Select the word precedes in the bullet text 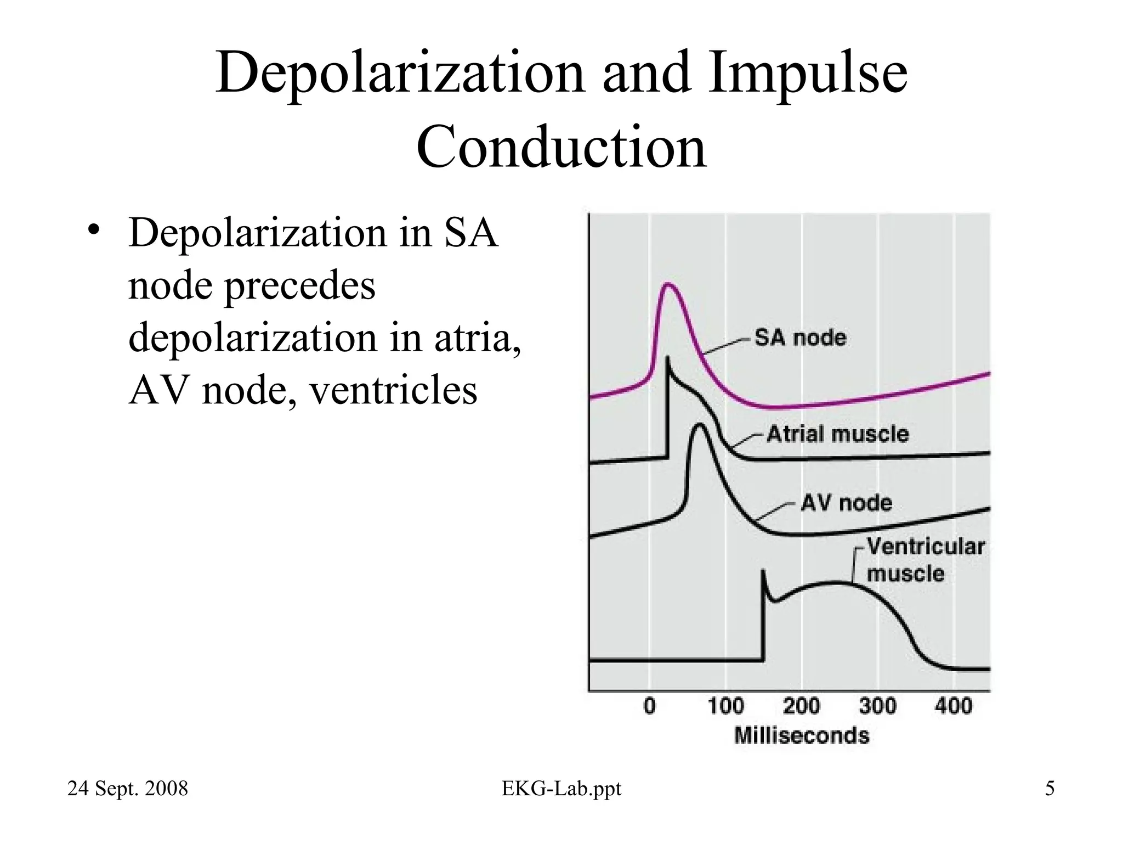[x=300, y=285]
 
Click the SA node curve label [x=800, y=338]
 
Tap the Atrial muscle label [x=837, y=434]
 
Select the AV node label [x=846, y=503]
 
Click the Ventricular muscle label [x=925, y=560]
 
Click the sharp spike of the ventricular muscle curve [x=763, y=572]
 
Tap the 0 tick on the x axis [x=650, y=706]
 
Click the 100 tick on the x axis [x=725, y=706]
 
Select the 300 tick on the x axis [x=877, y=706]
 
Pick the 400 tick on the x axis [x=954, y=706]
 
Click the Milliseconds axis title [x=802, y=735]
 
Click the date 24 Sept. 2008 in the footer [x=127, y=789]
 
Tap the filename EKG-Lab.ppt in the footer [x=561, y=789]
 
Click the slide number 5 [x=1050, y=789]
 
